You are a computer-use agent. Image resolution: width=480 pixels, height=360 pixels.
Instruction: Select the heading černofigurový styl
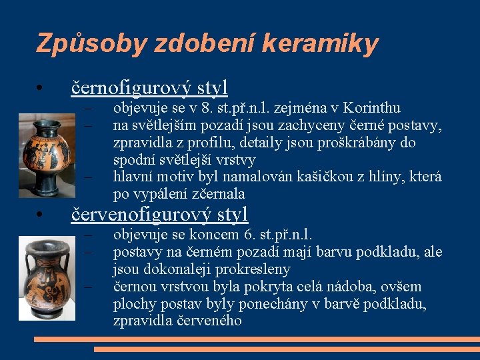tap(149, 87)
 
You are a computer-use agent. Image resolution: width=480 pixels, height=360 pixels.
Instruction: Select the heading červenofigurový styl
tap(159, 213)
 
